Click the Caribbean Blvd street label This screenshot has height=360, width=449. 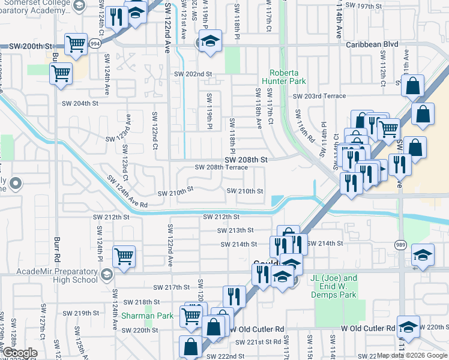coord(372,44)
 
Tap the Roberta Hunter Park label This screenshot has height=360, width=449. coord(284,76)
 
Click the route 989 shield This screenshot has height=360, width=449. coord(400,244)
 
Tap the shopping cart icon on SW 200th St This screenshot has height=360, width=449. coord(76,43)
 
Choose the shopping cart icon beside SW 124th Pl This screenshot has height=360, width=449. coord(124,256)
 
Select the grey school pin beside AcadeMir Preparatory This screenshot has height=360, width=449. coord(107,274)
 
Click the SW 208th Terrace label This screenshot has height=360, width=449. coord(220,167)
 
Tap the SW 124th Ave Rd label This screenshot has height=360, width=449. coord(128,193)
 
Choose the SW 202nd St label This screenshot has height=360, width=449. coord(193,74)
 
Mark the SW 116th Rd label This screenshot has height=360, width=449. coord(304,125)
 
